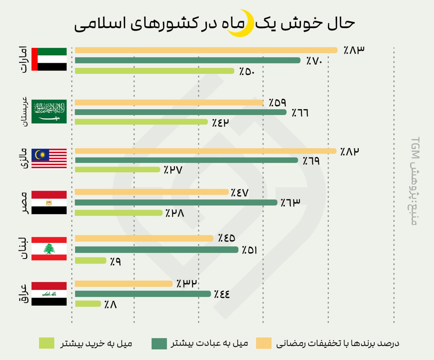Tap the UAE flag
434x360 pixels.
click(49, 59)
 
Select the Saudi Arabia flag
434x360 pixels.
click(49, 111)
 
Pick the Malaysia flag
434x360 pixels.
click(49, 158)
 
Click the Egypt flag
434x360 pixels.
click(49, 203)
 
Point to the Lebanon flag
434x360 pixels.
click(49, 249)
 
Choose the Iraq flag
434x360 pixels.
click(49, 294)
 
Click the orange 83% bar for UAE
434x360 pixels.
click(206, 50)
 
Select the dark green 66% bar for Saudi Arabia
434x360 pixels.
click(180, 112)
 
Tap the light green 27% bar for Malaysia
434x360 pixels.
click(117, 169)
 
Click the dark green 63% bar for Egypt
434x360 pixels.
click(176, 203)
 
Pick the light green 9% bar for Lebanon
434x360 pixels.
click(91, 261)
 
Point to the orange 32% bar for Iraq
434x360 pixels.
click(124, 284)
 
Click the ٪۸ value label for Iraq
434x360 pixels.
click(111, 305)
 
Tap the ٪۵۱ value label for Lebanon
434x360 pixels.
click(250, 250)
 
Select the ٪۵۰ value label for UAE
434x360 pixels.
click(247, 72)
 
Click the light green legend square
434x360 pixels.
click(46, 343)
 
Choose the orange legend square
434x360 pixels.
click(263, 343)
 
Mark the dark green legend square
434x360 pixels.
click(159, 343)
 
